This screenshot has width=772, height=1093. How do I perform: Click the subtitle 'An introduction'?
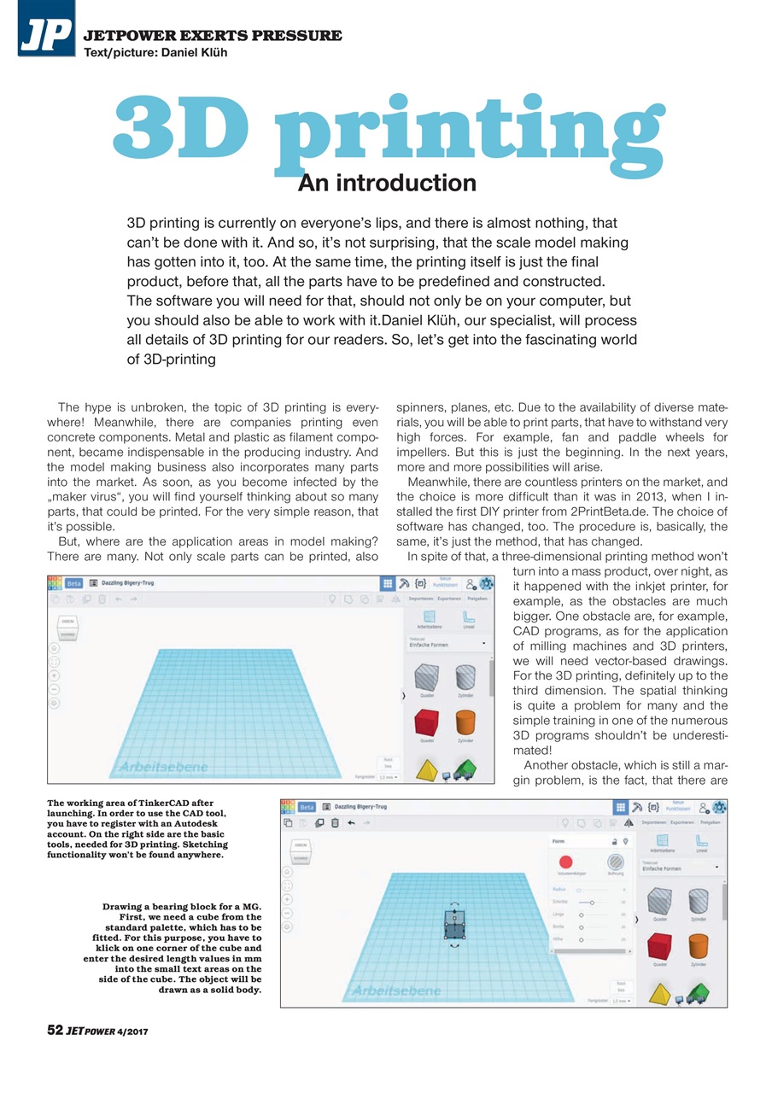pyautogui.click(x=387, y=183)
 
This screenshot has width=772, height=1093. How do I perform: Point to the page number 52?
pyautogui.click(x=55, y=1031)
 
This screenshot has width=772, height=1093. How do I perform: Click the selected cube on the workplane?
pyautogui.click(x=455, y=924)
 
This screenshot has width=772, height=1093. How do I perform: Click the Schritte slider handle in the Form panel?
pyautogui.click(x=592, y=902)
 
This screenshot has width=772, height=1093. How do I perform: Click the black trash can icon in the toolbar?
pyautogui.click(x=335, y=822)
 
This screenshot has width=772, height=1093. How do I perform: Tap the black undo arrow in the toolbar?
pyautogui.click(x=350, y=822)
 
